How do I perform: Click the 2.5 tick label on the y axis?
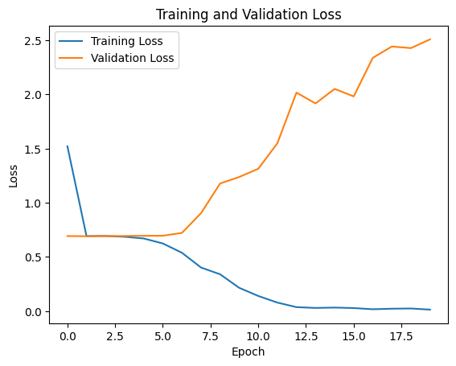pyautogui.click(x=34, y=40)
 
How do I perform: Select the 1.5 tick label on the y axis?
pyautogui.click(x=34, y=149)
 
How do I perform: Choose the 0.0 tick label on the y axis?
pyautogui.click(x=34, y=312)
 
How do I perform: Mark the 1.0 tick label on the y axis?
pyautogui.click(x=34, y=204)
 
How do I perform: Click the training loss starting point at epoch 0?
pyautogui.click(x=68, y=146)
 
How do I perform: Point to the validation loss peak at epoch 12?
pyautogui.click(x=296, y=93)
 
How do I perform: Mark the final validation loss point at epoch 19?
pyautogui.click(x=430, y=39)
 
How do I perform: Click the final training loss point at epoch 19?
pyautogui.click(x=430, y=310)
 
